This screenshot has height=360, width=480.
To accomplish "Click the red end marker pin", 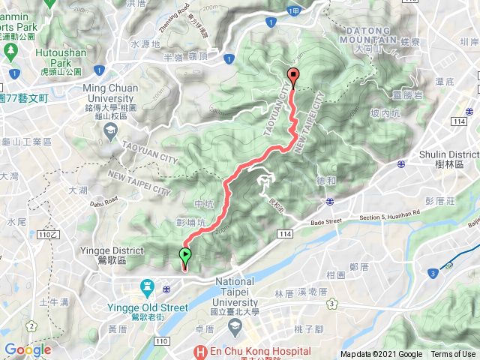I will tap(292, 75).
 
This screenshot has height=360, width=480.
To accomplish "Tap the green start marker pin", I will tap(184, 256).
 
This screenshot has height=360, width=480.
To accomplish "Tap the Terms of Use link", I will tap(453, 355).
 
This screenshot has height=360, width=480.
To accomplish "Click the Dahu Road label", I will tap(103, 199).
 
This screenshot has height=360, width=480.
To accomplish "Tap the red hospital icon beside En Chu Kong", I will tap(200, 351).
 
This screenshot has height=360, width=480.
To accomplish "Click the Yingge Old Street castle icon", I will tap(147, 286).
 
